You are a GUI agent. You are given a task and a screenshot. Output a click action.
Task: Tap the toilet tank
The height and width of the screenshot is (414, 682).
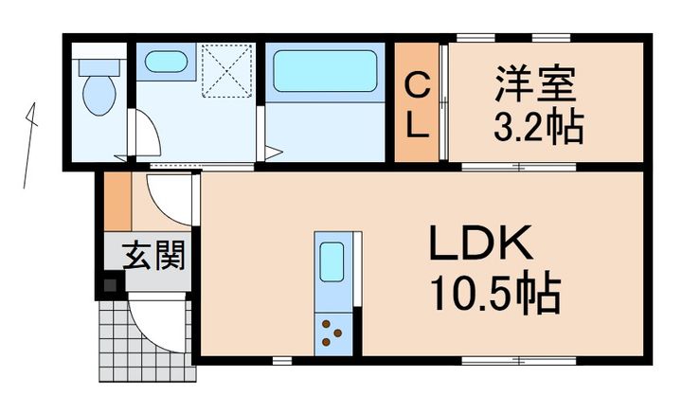[x=99, y=67]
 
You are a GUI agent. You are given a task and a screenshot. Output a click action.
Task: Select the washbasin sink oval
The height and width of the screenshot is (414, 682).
[x=166, y=62]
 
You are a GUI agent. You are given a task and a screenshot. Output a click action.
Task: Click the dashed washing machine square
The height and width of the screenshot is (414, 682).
[x=227, y=70]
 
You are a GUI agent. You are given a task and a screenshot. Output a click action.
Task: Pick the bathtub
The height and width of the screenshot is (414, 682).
[x=325, y=71]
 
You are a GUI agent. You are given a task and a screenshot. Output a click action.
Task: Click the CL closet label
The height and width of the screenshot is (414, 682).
[x=417, y=105]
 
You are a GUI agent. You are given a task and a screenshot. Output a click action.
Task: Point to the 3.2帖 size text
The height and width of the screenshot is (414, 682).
[x=538, y=126]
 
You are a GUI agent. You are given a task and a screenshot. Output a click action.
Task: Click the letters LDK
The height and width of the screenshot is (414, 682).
[x=481, y=242]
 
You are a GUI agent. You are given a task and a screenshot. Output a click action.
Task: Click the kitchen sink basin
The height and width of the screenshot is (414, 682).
[x=332, y=261]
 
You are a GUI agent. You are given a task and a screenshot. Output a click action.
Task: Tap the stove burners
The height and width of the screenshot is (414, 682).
[x=332, y=333]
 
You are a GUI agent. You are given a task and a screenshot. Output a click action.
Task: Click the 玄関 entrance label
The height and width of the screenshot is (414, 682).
[x=153, y=255]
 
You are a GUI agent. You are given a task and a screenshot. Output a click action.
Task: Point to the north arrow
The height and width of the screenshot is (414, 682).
[x=29, y=145]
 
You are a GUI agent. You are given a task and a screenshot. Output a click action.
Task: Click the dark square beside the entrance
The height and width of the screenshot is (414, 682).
[x=110, y=285]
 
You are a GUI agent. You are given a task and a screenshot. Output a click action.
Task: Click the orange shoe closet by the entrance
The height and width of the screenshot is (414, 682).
[x=117, y=201]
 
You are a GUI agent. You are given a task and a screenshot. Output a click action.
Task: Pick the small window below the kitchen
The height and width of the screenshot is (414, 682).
[x=282, y=361]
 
